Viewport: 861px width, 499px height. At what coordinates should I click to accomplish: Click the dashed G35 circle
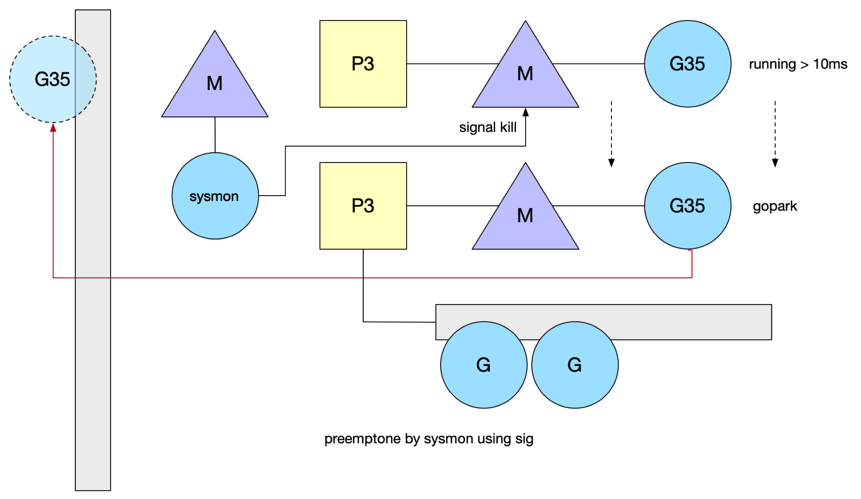[x=53, y=79]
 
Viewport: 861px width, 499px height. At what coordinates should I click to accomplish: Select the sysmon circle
[x=215, y=196]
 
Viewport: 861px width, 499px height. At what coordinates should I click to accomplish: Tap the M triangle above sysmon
[x=215, y=80]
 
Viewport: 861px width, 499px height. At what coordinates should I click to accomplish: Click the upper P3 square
[x=363, y=64]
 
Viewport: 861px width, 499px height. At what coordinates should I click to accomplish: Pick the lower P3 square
[x=363, y=206]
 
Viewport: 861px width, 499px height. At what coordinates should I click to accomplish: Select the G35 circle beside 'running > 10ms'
[x=688, y=64]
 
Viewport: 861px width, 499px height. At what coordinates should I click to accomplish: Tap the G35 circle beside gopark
[x=688, y=206]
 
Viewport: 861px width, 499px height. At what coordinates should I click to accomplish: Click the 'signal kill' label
[x=488, y=127]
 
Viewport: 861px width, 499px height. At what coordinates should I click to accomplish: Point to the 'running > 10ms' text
[x=798, y=64]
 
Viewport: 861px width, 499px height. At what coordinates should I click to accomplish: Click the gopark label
[x=775, y=206]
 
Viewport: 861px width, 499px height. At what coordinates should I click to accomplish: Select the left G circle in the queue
[x=484, y=365]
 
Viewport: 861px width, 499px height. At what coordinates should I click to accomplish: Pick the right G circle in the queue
[x=575, y=365]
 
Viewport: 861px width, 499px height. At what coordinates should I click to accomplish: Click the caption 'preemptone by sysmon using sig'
[x=429, y=439]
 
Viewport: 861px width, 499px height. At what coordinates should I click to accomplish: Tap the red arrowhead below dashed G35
[x=53, y=128]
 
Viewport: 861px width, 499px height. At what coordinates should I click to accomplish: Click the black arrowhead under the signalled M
[x=526, y=112]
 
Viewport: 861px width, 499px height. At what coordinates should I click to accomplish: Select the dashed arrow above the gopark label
[x=775, y=134]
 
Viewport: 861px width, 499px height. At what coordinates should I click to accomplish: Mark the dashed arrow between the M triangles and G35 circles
[x=611, y=134]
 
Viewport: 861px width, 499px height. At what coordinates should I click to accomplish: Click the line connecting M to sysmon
[x=215, y=135]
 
